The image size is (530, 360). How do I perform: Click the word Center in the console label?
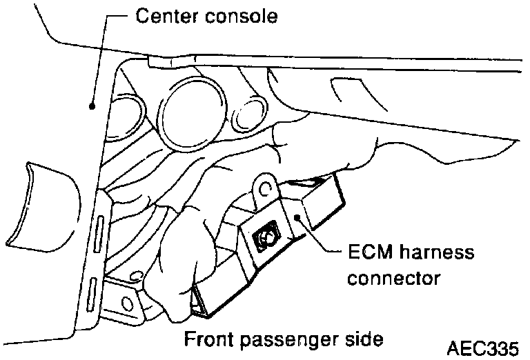coord(164,14)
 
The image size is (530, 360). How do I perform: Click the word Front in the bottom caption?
coord(209,339)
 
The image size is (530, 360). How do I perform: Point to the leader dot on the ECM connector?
coord(297,218)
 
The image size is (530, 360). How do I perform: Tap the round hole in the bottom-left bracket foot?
coord(126,302)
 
